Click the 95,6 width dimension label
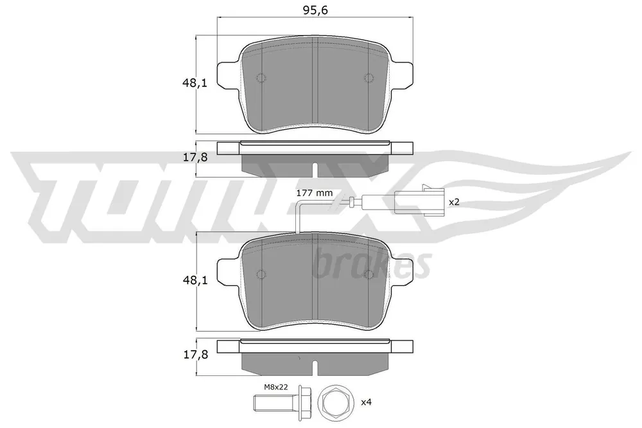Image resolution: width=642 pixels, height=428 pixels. pos(315,10)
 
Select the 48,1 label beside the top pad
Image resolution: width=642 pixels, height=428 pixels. pos(195,84)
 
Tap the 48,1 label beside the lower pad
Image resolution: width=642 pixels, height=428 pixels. pos(195,280)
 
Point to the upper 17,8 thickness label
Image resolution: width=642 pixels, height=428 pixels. pos(195,157)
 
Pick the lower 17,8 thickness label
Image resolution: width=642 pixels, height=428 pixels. pos(195,355)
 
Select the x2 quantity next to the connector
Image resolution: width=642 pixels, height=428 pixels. pos(455,202)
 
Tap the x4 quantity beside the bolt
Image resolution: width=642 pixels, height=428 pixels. pos(366,402)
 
